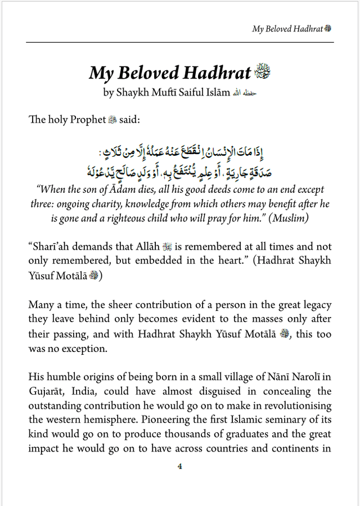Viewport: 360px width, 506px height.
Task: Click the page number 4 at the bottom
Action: pyautogui.click(x=179, y=466)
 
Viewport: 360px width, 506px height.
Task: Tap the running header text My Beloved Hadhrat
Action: pyautogui.click(x=287, y=29)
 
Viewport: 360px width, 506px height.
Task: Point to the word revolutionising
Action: pyautogui.click(x=296, y=405)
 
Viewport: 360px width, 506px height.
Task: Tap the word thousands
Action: pyautogui.click(x=175, y=434)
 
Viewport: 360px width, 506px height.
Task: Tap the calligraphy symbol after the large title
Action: pyautogui.click(x=263, y=73)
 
